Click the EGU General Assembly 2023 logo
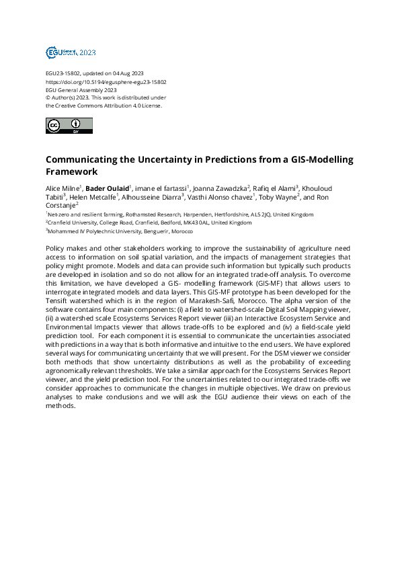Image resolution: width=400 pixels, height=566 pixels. point(71,52)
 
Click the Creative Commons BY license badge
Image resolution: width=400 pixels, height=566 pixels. point(69,126)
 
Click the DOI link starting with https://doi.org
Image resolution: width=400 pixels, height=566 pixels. point(106,81)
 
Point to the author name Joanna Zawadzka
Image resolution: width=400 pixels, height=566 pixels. point(219,188)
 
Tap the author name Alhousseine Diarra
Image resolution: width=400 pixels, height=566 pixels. point(151,197)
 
